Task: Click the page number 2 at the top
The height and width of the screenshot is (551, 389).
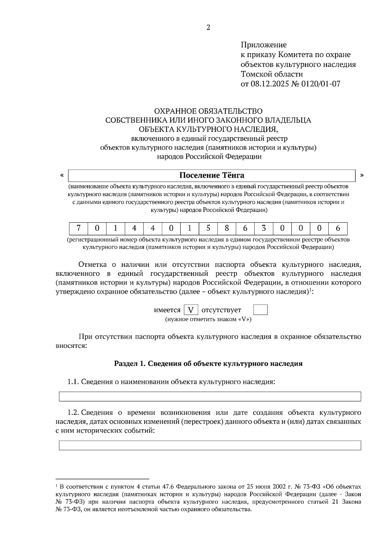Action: click(208, 28)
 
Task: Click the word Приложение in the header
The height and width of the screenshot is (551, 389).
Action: click(264, 45)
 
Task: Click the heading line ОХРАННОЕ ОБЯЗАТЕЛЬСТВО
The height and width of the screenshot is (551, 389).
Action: click(208, 111)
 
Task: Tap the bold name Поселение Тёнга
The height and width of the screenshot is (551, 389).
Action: click(212, 176)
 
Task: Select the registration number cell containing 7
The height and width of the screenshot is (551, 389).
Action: click(78, 228)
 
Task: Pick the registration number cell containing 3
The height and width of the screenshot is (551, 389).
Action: click(264, 228)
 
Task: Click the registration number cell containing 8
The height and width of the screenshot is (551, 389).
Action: click(227, 228)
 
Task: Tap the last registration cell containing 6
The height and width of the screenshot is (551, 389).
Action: click(338, 228)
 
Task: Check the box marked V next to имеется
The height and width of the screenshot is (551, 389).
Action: click(191, 310)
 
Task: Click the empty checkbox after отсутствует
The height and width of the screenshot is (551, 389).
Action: click(260, 310)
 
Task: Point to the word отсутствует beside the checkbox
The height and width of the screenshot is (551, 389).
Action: click(221, 310)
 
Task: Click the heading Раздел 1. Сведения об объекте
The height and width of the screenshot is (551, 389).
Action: click(208, 363)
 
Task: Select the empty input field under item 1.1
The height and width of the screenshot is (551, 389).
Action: click(210, 397)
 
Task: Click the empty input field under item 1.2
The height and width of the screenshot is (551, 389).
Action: click(210, 445)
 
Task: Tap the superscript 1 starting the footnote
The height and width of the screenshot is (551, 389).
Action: click(57, 486)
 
